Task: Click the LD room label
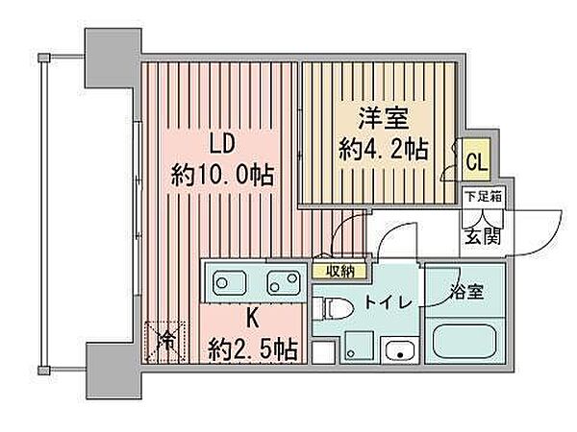point(222,144)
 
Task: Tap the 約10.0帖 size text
point(223,176)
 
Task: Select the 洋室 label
point(384,118)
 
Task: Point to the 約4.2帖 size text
point(384,149)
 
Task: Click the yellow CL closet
point(477,159)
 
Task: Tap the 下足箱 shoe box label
point(484,197)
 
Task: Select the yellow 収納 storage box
point(339,271)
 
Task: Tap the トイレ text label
point(388,303)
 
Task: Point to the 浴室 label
point(466,292)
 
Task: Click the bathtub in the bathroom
point(464,341)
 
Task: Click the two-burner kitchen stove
point(284,282)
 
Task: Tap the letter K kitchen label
point(252,318)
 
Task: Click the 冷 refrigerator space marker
point(166,341)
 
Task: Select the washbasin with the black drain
point(399,349)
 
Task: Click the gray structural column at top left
point(113,58)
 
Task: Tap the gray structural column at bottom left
point(113,371)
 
